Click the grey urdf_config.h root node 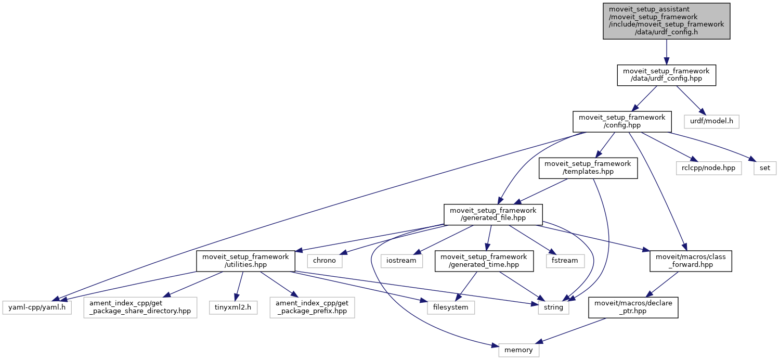point(666,21)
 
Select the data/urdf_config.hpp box point(666,75)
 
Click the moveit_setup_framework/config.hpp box point(618,121)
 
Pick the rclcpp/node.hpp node point(708,168)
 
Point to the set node point(765,168)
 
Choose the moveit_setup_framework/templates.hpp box point(588,168)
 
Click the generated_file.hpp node point(493,214)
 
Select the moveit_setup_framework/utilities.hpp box point(245,261)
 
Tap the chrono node point(324,260)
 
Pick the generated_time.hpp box point(484,261)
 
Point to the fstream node point(564,260)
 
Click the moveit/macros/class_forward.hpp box point(691,261)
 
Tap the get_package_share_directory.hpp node point(140,307)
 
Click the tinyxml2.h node point(233,307)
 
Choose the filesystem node point(451,307)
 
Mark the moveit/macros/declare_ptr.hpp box point(633,307)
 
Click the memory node point(518,350)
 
